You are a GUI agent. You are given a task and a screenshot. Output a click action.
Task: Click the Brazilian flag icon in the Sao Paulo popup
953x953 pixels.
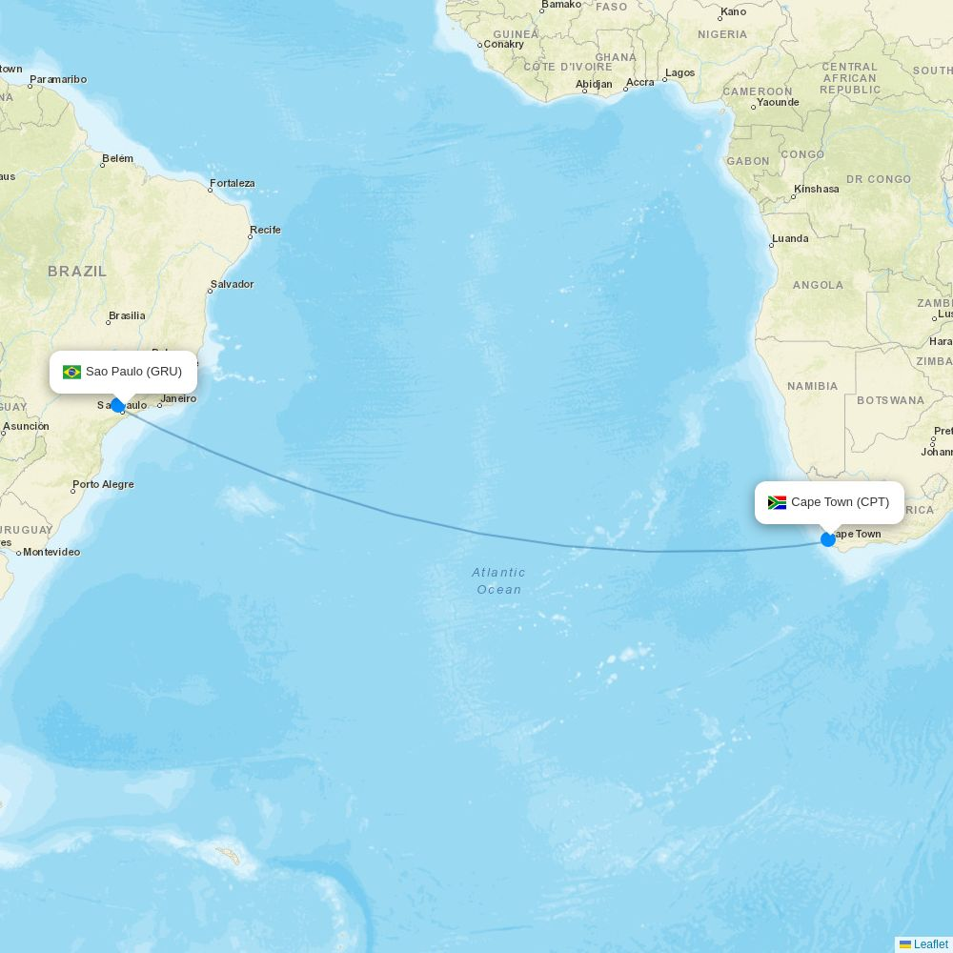tap(71, 372)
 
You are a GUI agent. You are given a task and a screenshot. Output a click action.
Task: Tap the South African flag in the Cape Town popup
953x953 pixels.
tap(777, 502)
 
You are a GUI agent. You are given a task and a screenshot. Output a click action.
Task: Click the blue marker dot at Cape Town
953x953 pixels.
tap(828, 539)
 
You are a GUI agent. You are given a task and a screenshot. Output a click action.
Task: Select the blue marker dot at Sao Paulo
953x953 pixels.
tap(117, 405)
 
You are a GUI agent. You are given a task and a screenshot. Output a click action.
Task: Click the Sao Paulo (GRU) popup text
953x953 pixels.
tap(133, 372)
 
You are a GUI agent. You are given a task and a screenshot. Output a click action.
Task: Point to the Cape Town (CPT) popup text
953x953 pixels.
tap(840, 502)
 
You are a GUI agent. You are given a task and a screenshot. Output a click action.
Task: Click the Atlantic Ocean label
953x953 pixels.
tap(498, 580)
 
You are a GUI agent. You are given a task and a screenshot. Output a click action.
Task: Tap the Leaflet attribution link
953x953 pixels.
tap(930, 944)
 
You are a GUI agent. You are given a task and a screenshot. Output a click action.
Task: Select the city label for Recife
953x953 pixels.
tap(265, 230)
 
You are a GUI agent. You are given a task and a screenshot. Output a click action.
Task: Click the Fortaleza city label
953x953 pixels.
tap(233, 183)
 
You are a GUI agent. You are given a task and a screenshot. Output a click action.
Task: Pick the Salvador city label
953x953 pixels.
tap(233, 284)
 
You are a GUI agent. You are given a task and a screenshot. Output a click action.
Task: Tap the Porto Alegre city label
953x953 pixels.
tap(103, 484)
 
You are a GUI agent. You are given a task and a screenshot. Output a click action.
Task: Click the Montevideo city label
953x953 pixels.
tap(51, 552)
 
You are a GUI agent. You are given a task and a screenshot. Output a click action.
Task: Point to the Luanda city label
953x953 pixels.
tap(790, 238)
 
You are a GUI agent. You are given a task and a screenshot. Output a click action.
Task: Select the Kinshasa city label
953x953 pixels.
tap(817, 189)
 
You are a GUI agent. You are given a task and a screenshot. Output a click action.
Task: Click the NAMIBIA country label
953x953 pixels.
tap(812, 386)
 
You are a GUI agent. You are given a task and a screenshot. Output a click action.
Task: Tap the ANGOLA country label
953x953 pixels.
tap(818, 285)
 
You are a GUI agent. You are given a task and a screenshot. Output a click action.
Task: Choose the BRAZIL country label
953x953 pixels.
tap(77, 272)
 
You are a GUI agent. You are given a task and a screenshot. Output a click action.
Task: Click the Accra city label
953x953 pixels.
tap(640, 82)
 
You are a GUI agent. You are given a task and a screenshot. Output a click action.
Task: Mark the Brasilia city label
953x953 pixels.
tap(127, 315)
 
